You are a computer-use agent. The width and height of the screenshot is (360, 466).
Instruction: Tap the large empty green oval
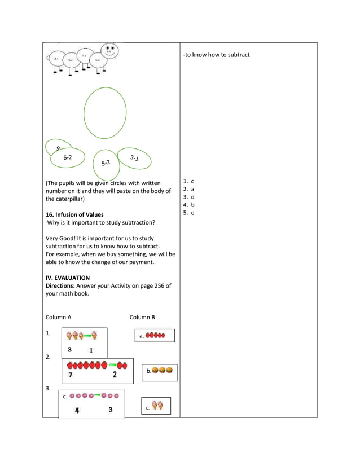105,113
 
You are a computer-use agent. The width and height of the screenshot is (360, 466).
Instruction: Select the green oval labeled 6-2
67,158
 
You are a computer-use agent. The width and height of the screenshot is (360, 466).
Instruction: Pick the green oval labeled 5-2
106,162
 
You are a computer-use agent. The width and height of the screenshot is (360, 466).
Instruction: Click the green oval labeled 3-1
134,159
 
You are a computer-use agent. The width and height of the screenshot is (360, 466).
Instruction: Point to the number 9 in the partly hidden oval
58,148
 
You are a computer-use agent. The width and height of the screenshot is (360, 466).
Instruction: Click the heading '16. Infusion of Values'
74,215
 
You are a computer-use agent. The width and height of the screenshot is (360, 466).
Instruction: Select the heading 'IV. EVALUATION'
67,278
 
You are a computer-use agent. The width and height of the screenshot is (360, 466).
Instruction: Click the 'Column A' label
58,317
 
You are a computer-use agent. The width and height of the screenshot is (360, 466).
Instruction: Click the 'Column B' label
142,317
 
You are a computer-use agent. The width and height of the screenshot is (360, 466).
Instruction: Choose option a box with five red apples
155,336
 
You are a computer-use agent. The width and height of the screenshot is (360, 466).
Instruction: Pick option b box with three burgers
160,371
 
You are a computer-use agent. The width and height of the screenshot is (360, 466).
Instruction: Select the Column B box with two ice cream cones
156,406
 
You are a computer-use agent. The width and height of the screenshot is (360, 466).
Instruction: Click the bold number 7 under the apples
70,375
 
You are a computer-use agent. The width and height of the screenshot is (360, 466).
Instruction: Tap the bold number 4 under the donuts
77,410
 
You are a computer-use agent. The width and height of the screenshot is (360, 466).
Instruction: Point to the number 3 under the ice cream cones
69,349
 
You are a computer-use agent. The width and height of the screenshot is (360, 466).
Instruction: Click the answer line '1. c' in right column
188,181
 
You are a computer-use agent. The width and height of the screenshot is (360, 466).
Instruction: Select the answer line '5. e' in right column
188,213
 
